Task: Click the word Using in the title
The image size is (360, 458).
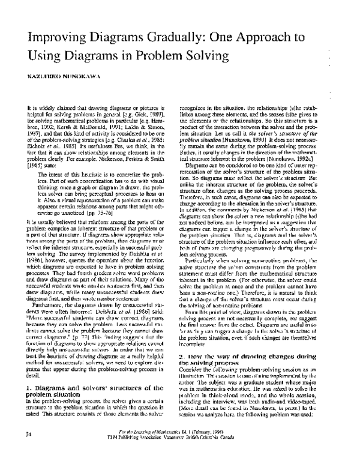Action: pyautogui.click(x=43, y=57)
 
